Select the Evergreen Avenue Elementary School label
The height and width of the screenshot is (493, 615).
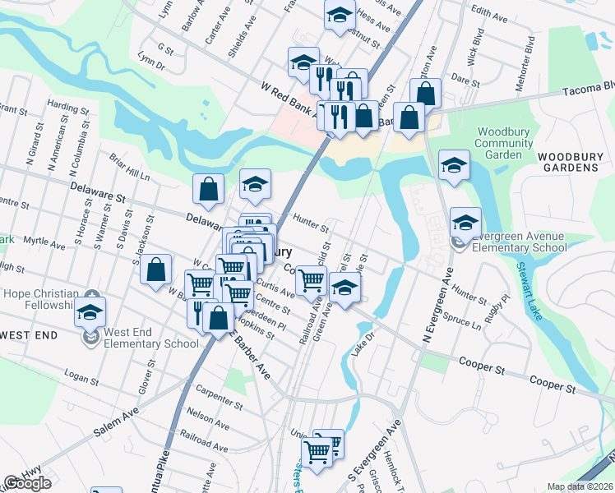(x=515, y=241)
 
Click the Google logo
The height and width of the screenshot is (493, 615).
(x=27, y=483)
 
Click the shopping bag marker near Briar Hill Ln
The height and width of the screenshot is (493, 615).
(x=209, y=188)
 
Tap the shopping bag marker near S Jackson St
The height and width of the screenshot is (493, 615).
(x=155, y=270)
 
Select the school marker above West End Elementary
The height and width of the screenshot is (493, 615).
(x=90, y=311)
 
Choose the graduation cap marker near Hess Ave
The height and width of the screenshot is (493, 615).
(x=339, y=16)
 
